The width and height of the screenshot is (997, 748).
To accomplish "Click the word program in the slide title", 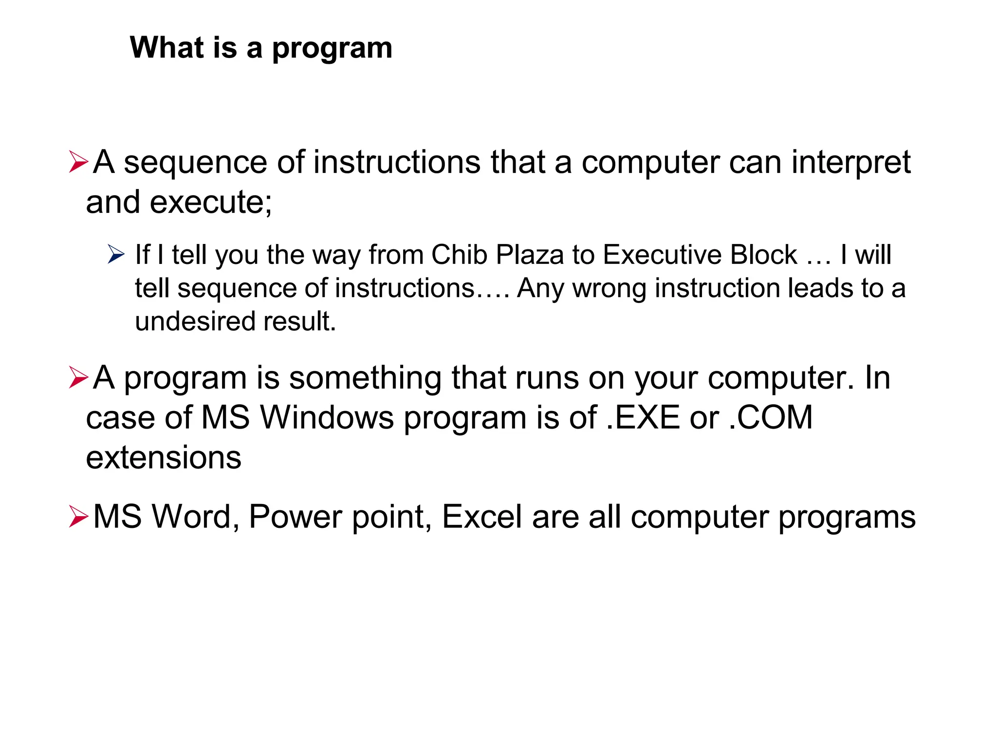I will (332, 49).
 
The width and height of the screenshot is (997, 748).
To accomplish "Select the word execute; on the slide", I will (211, 202).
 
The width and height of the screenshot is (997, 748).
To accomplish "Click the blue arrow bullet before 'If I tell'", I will (116, 254).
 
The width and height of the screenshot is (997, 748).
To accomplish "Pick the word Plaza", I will (529, 255).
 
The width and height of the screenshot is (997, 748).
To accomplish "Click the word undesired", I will (195, 321).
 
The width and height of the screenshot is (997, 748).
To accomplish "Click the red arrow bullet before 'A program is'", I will (78, 377).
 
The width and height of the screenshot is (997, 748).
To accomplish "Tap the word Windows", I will (327, 418).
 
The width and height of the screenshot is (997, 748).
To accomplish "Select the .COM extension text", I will (771, 418).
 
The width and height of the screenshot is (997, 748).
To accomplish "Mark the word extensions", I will (164, 458).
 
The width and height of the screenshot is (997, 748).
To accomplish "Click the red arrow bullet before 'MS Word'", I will (78, 516).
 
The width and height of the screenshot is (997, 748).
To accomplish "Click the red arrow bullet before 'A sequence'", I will (78, 162).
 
